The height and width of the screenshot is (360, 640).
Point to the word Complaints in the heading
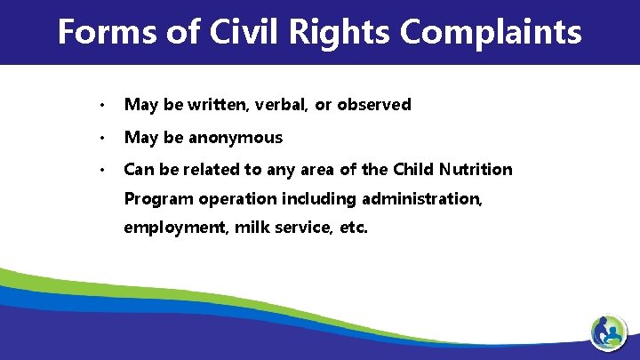click(x=492, y=33)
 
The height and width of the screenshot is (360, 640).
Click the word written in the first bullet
click(x=213, y=105)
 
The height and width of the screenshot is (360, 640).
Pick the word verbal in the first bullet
click(x=281, y=105)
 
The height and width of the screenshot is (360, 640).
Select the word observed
click(x=373, y=105)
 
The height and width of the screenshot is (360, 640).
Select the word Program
click(x=156, y=198)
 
